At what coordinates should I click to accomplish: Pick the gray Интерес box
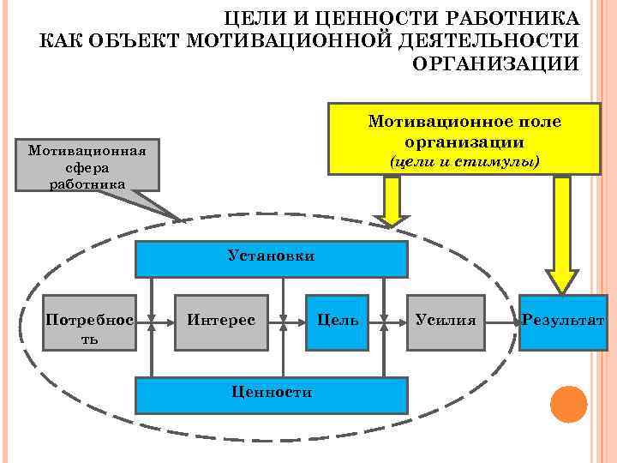(220, 322)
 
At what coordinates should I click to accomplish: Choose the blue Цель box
(338, 322)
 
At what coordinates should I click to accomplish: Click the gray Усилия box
(445, 322)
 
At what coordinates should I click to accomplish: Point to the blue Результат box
(563, 322)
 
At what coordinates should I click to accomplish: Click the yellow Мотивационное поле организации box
(464, 138)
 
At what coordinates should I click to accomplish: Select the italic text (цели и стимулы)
(464, 160)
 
